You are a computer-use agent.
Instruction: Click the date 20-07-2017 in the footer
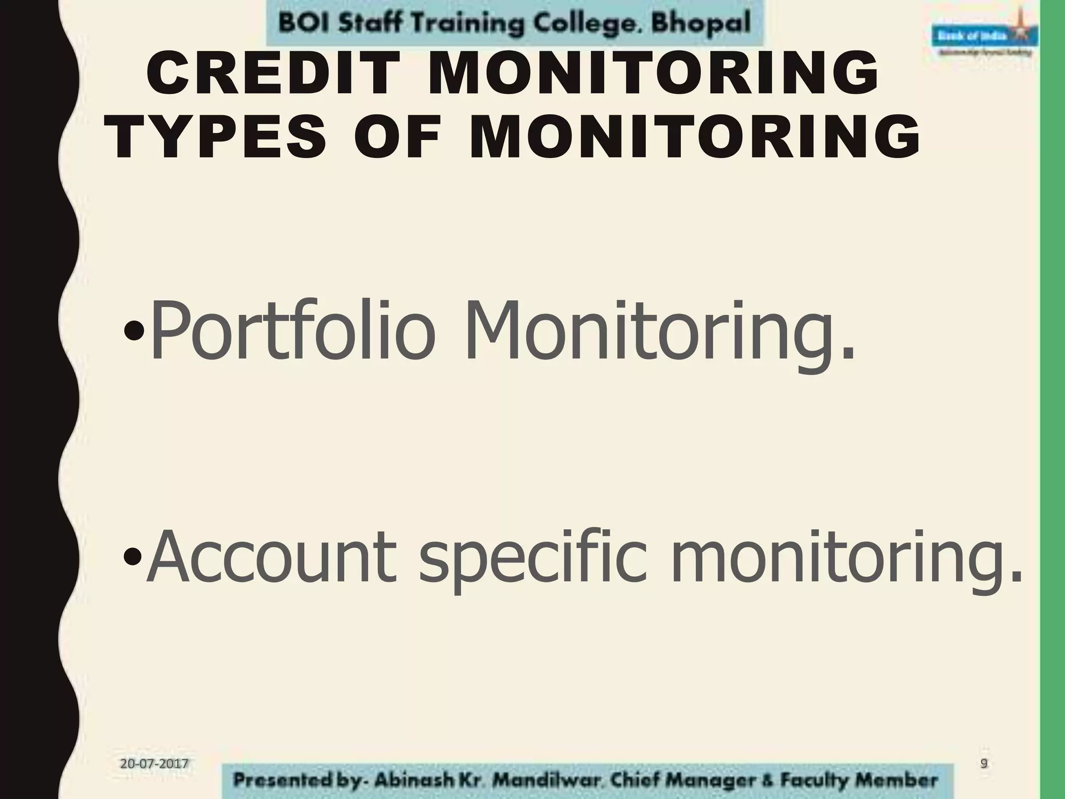tap(154, 764)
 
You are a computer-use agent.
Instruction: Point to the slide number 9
tap(984, 763)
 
